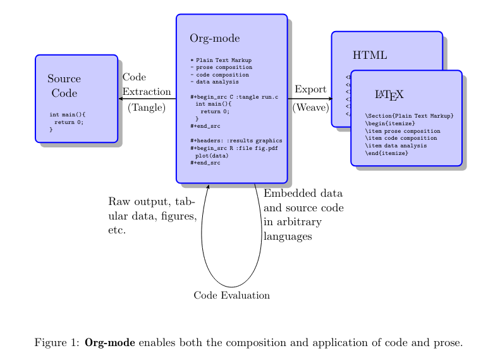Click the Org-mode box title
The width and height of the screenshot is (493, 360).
[215, 39]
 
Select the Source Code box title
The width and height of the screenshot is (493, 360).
[64, 86]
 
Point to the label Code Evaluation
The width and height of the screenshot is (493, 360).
[232, 295]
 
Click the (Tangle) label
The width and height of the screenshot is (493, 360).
[146, 108]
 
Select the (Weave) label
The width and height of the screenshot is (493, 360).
[310, 108]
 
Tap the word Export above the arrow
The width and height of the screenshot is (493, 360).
[310, 89]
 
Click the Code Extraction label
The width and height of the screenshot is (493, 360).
[146, 84]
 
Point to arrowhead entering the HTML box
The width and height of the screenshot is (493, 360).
[329, 99]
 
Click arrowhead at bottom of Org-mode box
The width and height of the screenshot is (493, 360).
[208, 185]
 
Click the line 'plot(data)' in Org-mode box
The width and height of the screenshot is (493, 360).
[211, 155]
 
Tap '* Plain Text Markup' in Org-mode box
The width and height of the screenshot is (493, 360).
[221, 59]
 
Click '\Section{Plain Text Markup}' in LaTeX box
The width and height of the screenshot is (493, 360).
[409, 116]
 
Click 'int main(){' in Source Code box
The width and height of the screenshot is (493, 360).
[67, 115]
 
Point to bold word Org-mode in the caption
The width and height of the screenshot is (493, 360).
[110, 343]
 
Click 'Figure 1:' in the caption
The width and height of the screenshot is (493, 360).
[57, 343]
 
